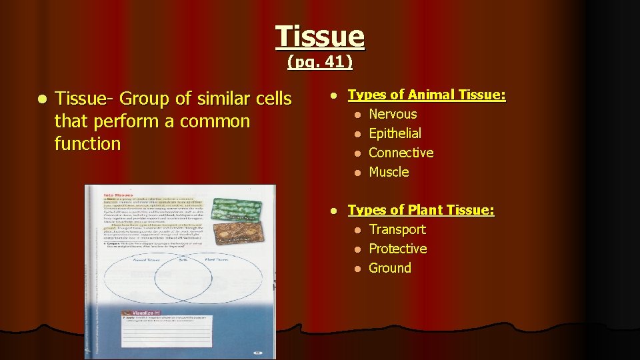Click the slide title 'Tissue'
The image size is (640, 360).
click(320, 36)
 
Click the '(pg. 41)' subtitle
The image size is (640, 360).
click(320, 63)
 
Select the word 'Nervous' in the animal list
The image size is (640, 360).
click(393, 114)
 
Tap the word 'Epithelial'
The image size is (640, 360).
click(395, 133)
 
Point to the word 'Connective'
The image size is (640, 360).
click(401, 153)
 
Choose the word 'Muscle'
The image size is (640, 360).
click(389, 172)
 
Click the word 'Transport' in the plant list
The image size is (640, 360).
click(397, 229)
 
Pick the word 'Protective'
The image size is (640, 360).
click(397, 249)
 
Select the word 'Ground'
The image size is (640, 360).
click(390, 268)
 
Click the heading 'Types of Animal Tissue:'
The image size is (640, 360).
click(427, 95)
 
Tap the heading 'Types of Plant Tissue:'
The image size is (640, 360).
click(421, 210)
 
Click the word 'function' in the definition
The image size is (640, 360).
click(87, 143)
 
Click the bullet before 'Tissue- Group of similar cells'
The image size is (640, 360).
click(42, 99)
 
